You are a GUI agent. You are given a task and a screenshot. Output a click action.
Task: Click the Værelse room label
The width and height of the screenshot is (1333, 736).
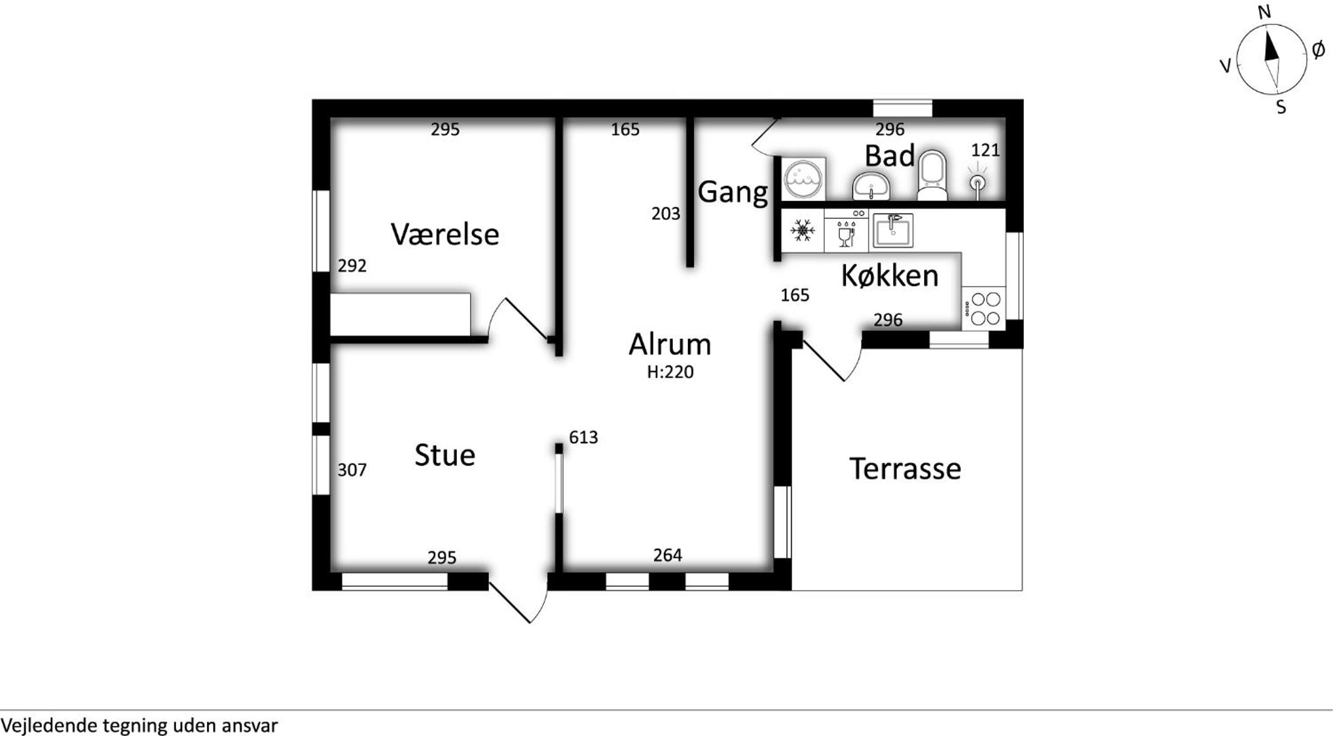pos(445,235)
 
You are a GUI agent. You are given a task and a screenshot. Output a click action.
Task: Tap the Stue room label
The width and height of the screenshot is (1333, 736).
pos(445,455)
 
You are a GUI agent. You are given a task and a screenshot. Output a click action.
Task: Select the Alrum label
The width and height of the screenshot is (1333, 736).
pos(670,344)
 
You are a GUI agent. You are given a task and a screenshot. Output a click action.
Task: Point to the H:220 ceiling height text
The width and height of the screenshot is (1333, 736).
pos(670,372)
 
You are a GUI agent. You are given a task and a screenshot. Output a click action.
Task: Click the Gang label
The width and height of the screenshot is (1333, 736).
pos(733,192)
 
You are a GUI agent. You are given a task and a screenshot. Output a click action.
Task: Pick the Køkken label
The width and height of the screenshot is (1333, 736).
pos(889,275)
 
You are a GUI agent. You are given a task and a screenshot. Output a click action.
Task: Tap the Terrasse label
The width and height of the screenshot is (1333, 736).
pos(905,469)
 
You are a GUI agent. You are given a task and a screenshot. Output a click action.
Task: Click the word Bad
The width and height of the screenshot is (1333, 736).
pos(889,156)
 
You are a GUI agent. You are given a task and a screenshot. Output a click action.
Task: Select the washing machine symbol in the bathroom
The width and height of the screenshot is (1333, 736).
pos(804,179)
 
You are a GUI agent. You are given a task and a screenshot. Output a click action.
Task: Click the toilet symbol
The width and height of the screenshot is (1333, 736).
pos(932,175)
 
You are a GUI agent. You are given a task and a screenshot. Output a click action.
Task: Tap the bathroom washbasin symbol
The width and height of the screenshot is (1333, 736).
pos(871,187)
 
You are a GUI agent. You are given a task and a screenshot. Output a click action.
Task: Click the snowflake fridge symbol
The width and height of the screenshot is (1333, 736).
pos(802,231)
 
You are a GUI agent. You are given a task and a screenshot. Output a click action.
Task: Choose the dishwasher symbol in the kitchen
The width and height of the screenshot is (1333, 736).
pos(847,231)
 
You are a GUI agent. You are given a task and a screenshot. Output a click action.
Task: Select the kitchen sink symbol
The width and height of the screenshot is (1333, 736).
pos(893,230)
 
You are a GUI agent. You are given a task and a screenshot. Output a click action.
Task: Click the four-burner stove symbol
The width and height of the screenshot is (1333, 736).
pos(984,309)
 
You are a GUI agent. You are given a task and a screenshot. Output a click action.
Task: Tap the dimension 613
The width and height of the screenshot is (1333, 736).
pos(583,437)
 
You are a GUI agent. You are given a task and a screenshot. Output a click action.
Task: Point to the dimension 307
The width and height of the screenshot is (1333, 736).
pos(352,470)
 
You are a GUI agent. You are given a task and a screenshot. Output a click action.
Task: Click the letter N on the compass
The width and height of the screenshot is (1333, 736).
pos(1264,12)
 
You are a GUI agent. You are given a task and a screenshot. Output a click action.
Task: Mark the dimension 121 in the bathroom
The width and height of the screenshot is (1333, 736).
pos(985,150)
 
